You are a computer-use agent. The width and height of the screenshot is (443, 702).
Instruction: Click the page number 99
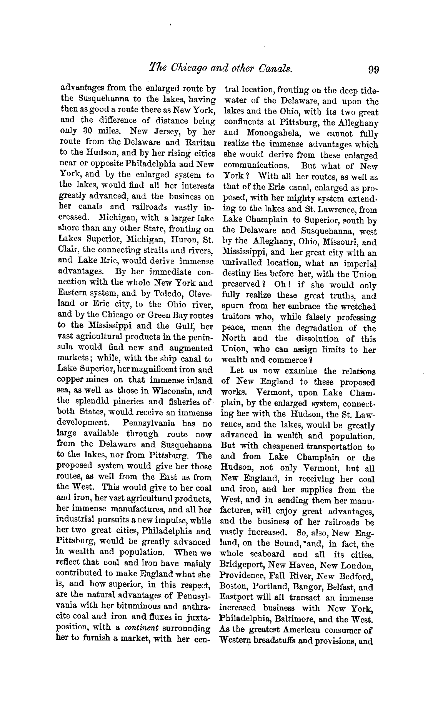click(373, 69)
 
